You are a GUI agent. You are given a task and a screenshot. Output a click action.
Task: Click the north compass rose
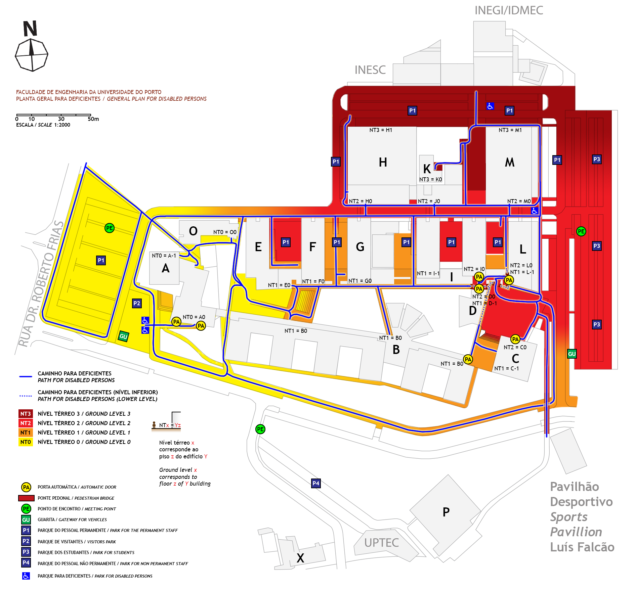[32, 55]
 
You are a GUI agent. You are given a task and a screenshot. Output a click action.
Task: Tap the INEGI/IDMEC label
[508, 10]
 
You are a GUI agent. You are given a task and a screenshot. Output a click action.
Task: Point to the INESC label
[370, 70]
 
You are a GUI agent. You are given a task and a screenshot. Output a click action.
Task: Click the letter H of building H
[383, 163]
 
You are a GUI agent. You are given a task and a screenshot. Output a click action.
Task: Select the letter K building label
[427, 169]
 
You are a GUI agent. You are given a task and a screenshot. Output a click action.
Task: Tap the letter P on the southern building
[446, 512]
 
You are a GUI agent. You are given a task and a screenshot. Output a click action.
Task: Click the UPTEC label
[381, 543]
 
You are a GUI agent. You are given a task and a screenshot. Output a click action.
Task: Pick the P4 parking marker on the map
[316, 483]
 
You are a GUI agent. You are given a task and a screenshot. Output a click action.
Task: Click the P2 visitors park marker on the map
[137, 303]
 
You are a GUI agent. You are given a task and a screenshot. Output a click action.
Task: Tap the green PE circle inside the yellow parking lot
[110, 228]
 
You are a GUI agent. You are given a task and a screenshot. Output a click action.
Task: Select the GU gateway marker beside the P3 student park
[572, 354]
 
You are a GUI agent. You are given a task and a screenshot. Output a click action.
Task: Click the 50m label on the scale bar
[93, 119]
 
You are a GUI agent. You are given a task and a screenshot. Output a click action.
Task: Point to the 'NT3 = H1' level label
[381, 130]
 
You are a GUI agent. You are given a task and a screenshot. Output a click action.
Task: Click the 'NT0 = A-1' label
[164, 256]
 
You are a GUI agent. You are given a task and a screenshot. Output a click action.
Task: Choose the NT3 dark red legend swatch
[26, 414]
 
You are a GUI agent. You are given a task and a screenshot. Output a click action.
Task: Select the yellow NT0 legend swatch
[26, 442]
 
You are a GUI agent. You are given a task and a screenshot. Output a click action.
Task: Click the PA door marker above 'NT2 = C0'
[515, 339]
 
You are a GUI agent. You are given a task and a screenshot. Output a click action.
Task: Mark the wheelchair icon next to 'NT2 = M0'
[534, 211]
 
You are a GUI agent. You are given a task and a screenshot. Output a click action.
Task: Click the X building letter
[300, 558]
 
